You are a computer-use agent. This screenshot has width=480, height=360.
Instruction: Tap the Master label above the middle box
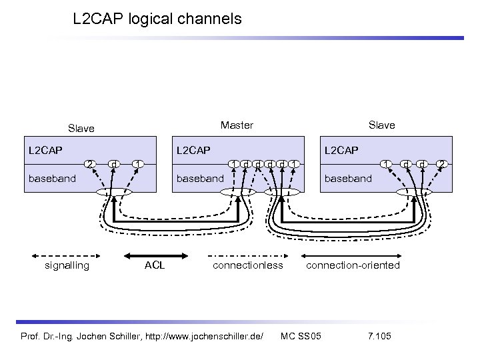coord(237,125)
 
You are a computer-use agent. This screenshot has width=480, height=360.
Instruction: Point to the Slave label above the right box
coord(381,125)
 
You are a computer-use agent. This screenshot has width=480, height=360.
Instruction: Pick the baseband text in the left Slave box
coord(49,178)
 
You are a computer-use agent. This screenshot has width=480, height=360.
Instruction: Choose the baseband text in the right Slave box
coord(347,178)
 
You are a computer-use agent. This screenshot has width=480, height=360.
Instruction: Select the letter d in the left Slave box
coord(115,163)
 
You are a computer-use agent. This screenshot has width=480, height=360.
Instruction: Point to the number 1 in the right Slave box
coord(385,163)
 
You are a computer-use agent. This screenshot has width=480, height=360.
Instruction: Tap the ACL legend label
coord(155,265)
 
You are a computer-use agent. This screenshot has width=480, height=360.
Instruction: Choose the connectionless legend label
coord(248,265)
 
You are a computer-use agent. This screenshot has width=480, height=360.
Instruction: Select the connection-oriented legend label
coord(353,265)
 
